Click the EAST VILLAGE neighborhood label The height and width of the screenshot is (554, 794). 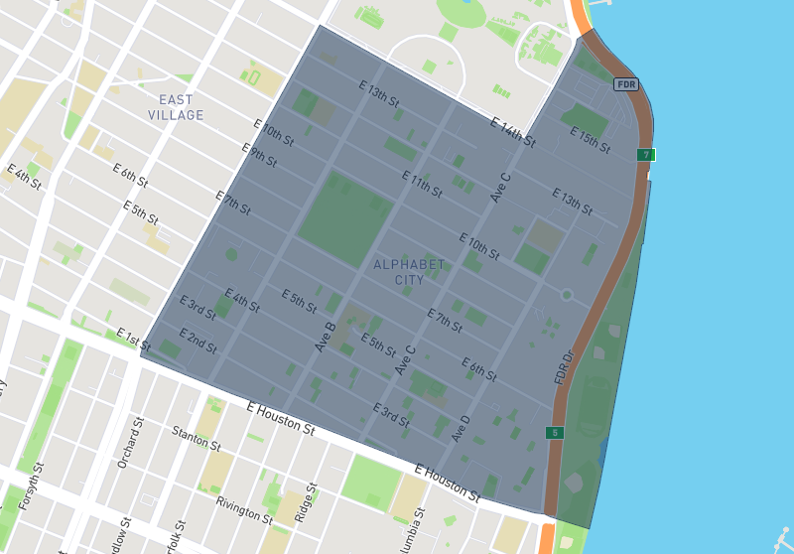[x=176, y=107]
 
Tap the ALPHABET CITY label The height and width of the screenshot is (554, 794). [x=409, y=272]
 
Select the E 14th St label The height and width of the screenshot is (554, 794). [x=513, y=131]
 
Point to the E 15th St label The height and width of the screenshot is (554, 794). [x=590, y=140]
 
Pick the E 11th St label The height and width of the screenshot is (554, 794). [x=422, y=184]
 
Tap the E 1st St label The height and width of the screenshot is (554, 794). [x=133, y=340]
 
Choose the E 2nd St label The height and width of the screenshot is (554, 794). [x=198, y=340]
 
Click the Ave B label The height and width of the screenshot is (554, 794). [x=326, y=337]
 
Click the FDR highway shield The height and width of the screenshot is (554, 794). [x=626, y=84]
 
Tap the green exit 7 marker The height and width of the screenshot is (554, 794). [x=645, y=155]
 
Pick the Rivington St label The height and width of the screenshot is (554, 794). [x=244, y=510]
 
